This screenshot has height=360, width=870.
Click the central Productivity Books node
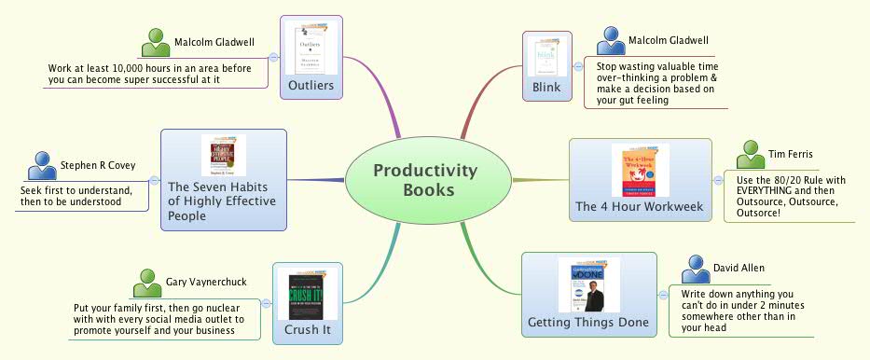coord(426,180)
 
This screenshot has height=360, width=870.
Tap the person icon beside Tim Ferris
coord(750,154)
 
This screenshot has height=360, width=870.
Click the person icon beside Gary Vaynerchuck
coord(147,282)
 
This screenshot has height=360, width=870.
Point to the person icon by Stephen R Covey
coord(42,165)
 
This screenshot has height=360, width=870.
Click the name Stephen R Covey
coord(98,166)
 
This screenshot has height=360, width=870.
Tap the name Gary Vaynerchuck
coord(203,282)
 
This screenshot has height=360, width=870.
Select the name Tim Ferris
coord(789,155)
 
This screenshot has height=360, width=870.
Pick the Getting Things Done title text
coord(587,324)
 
